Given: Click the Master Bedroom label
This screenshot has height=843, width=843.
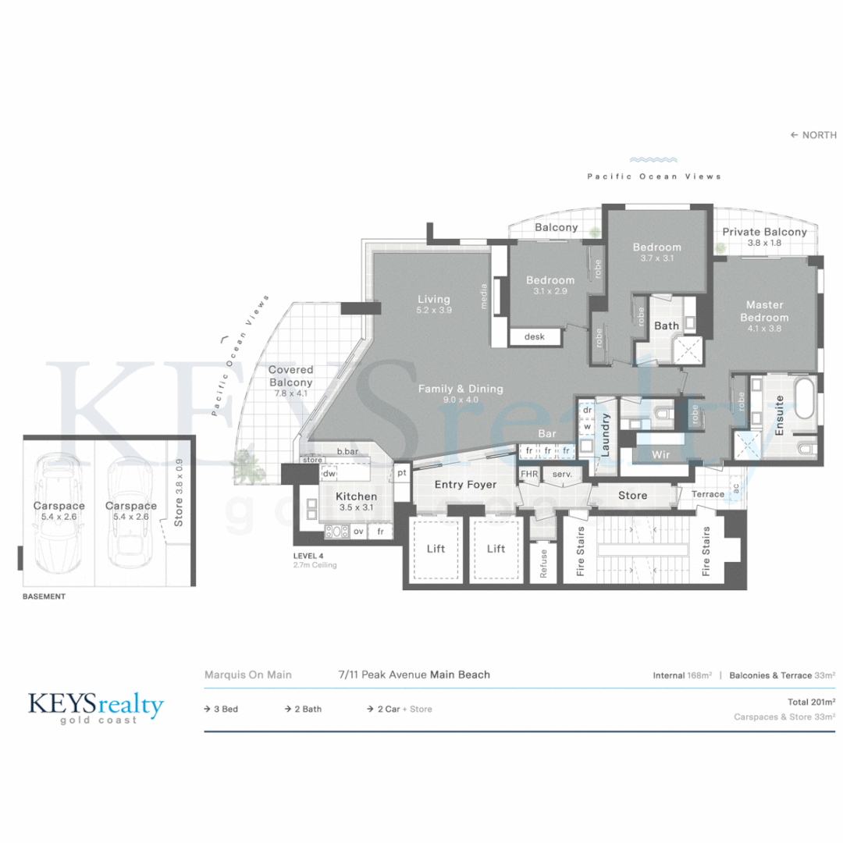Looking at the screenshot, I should coord(765,311).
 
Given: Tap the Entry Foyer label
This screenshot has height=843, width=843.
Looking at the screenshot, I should coord(465,485).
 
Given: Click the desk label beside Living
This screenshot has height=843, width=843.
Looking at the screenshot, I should coord(535,336).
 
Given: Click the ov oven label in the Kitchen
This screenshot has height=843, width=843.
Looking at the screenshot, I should coord(359,532).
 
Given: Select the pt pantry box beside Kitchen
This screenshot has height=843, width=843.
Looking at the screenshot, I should coord(401,473).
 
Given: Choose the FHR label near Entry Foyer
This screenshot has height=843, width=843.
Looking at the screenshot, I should coord(529,474).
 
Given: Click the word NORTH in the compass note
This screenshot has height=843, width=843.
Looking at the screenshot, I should coord(820,135).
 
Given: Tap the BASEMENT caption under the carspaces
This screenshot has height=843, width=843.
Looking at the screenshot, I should coord(44,596).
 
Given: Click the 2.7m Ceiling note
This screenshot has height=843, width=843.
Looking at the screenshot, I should coord(315,565).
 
